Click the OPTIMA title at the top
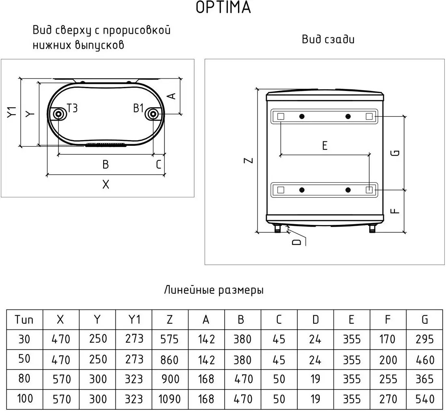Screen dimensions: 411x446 pyautogui.click(x=223, y=8)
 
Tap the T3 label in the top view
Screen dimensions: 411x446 pyautogui.click(x=72, y=108)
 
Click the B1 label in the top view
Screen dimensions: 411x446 pyautogui.click(x=139, y=108)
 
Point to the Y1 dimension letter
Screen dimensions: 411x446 pyautogui.click(x=12, y=112)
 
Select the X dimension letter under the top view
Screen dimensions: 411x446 pyautogui.click(x=106, y=184)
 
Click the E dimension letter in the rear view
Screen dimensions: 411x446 pyautogui.click(x=325, y=146)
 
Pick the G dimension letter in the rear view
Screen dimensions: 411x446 pyautogui.click(x=396, y=153)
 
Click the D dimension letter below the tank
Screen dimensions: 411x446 pyautogui.click(x=297, y=242)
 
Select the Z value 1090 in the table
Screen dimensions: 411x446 pyautogui.click(x=169, y=399)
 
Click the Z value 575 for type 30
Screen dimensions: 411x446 pyautogui.click(x=169, y=339)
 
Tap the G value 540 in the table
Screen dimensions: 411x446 pyautogui.click(x=425, y=399)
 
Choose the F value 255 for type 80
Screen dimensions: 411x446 pyautogui.click(x=388, y=379)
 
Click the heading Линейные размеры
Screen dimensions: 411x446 pyautogui.click(x=214, y=290)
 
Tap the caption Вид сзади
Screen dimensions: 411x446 pyautogui.click(x=328, y=39)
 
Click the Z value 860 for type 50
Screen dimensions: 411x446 pyautogui.click(x=169, y=359)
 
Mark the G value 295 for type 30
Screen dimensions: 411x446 pyautogui.click(x=425, y=339)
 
